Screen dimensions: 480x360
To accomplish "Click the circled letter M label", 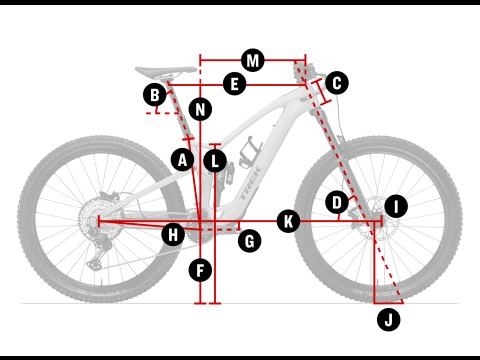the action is point(253,60).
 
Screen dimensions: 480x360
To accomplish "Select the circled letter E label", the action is point(234,83).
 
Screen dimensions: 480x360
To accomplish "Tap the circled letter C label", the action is point(337,83).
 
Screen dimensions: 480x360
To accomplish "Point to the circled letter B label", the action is point(155,95).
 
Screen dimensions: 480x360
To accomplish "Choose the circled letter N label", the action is point(200,109).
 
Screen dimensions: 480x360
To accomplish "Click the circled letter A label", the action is point(182,160).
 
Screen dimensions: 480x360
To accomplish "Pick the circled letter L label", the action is point(215,161).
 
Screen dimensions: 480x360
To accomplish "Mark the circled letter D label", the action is point(337,202).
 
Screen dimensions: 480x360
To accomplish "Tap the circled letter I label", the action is point(396,206).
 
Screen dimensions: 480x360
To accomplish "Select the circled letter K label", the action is point(288,221).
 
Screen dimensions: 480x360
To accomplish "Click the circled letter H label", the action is point(173,235).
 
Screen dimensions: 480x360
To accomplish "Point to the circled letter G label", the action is point(250,241).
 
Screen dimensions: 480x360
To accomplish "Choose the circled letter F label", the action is point(200,270).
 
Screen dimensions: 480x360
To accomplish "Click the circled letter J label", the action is point(389,320).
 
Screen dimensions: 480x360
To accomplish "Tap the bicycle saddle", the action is point(166,71).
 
